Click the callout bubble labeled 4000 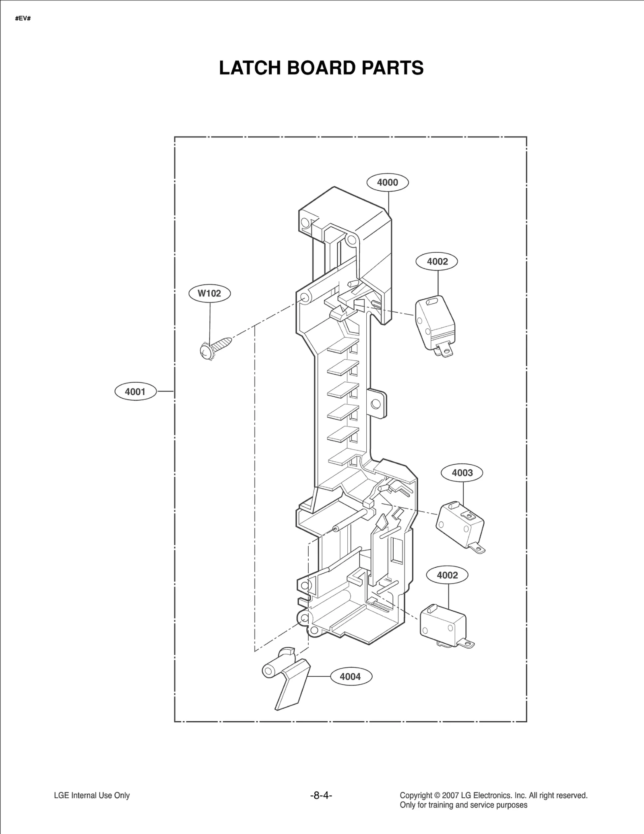coord(387,182)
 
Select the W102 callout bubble coord(209,293)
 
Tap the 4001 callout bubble coord(135,391)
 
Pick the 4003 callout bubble coord(462,473)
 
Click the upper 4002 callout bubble coord(437,262)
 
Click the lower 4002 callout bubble coord(447,575)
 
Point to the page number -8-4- coord(321,795)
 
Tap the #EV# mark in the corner coord(23,19)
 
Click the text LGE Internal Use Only coord(92,795)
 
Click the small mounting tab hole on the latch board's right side coord(376,404)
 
